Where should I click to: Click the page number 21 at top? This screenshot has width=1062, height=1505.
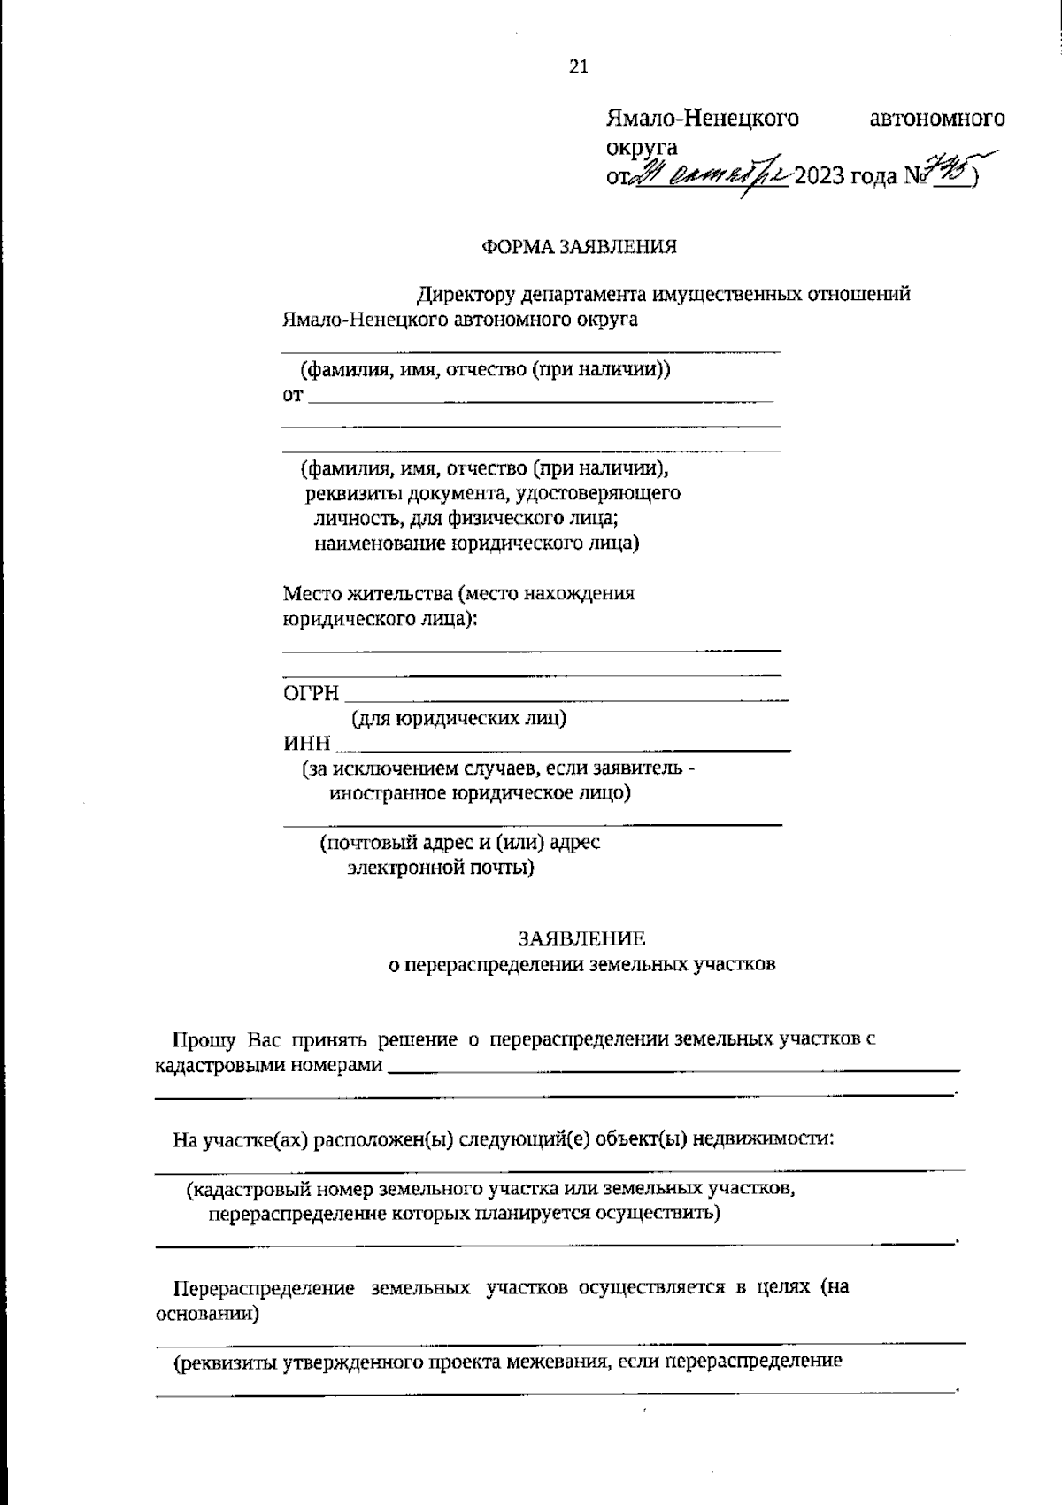point(578,66)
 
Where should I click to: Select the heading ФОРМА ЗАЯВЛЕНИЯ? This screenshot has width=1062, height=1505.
point(579,247)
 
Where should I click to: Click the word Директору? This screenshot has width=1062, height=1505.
point(466,295)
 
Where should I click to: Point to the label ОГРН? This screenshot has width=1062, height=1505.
point(311,693)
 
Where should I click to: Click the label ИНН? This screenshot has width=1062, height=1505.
point(306,743)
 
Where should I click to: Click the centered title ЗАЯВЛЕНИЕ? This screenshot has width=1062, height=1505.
point(581,938)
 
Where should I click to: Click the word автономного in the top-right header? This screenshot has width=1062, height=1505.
point(937,119)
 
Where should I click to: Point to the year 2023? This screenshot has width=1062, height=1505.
point(819,178)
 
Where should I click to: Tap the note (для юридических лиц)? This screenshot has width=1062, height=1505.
point(459,718)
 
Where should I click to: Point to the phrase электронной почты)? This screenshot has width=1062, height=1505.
point(441,867)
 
